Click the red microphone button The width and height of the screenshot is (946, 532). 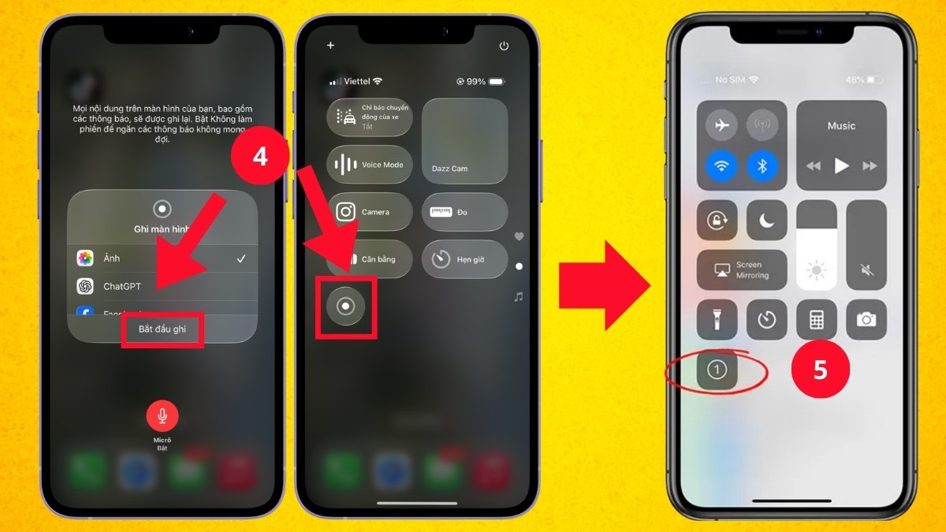click(162, 415)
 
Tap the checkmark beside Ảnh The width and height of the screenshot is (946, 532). click(241, 259)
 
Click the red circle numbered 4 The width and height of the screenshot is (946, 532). click(259, 156)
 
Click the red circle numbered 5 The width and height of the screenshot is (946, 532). click(820, 370)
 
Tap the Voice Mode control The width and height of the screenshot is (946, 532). click(369, 165)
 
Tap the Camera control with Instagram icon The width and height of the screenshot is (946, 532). click(369, 212)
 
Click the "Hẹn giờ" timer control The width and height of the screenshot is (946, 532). click(464, 259)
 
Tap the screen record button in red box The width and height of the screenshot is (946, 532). click(345, 307)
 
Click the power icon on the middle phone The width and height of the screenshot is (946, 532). click(504, 47)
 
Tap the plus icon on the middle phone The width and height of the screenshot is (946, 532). click(330, 46)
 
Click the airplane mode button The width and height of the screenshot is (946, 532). click(720, 125)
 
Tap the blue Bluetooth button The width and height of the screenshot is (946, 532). click(762, 166)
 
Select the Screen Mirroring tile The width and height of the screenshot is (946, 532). click(742, 270)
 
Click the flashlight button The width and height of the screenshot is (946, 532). click(717, 319)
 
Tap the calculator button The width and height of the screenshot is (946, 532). click(817, 319)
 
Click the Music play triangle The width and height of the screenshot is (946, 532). click(842, 166)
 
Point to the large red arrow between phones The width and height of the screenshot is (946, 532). click(603, 283)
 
